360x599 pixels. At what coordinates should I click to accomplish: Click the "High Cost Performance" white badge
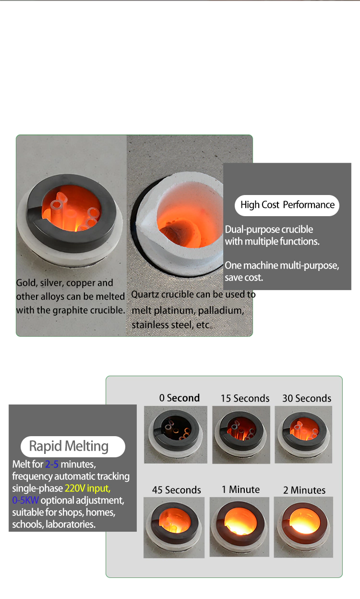pos(287,205)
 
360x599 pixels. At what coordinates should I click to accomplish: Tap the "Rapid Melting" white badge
pos(72,446)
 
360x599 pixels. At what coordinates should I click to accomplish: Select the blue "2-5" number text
pos(51,464)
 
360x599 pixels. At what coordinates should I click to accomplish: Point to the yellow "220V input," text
pos(87,489)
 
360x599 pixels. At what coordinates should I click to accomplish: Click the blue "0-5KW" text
pos(25,500)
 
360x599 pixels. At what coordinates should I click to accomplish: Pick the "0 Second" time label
pos(180,398)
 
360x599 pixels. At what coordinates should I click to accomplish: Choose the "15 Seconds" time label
pos(245,398)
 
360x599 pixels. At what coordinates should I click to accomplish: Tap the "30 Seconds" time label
pos(307,398)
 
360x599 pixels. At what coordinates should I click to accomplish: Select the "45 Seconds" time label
pos(176,490)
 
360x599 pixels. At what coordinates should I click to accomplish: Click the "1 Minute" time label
pos(240,489)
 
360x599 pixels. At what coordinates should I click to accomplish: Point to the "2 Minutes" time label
pos(304,490)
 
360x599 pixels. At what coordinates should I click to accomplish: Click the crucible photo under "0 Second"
pos(176,435)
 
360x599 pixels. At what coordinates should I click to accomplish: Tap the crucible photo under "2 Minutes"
pos(303,527)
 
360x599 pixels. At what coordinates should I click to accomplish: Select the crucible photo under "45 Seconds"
pos(174,527)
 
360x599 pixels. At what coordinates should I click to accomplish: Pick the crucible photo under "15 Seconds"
pos(241,435)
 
